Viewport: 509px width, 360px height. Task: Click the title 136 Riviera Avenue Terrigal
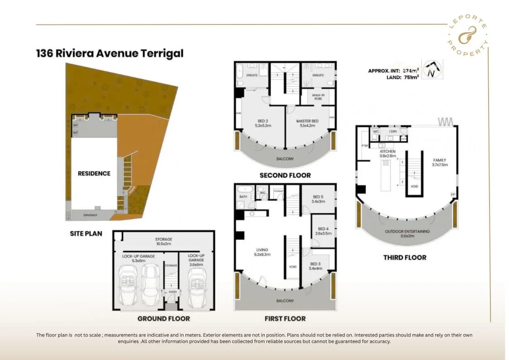pos(110,53)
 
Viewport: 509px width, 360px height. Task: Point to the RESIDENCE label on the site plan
pos(94,173)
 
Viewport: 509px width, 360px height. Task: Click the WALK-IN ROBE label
pos(318,97)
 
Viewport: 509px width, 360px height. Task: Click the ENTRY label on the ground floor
pos(173,292)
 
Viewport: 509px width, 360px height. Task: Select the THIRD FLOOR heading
pos(404,258)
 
